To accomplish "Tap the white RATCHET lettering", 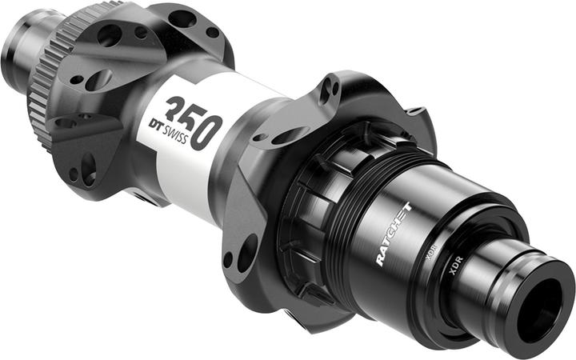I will coord(394,231).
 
